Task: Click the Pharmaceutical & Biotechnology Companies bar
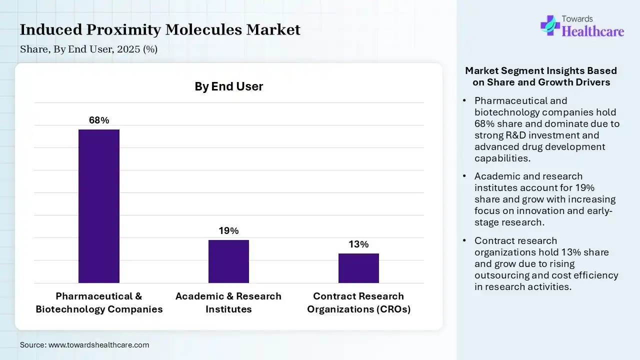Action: [x=99, y=206]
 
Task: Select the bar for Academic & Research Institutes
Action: [x=228, y=261]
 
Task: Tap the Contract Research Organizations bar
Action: [x=358, y=268]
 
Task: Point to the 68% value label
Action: [x=99, y=120]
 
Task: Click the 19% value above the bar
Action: [x=228, y=231]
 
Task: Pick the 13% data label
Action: [x=358, y=244]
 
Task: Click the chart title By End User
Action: [x=228, y=86]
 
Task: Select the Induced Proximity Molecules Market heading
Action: [x=160, y=30]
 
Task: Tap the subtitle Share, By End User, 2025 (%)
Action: [x=88, y=49]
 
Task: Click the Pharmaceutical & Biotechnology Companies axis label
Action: [x=99, y=302]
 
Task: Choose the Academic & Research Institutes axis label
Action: [x=228, y=302]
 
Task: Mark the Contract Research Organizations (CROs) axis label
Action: [x=358, y=302]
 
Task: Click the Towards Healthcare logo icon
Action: [x=550, y=25]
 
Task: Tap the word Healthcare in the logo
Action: [x=593, y=31]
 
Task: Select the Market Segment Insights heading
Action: [x=541, y=76]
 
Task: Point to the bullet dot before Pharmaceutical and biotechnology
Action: [x=464, y=101]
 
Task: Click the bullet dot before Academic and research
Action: [x=464, y=176]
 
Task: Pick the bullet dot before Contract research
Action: [x=464, y=241]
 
